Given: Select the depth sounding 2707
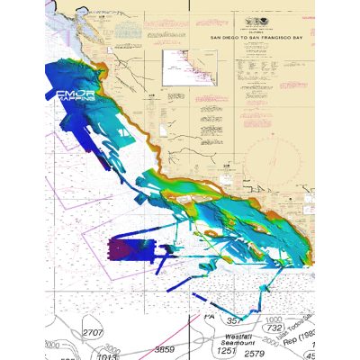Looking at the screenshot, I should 94,333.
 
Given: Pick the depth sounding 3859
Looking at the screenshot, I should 166,348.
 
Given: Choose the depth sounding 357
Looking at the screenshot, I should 234,319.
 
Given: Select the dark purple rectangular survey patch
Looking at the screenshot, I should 121,249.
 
